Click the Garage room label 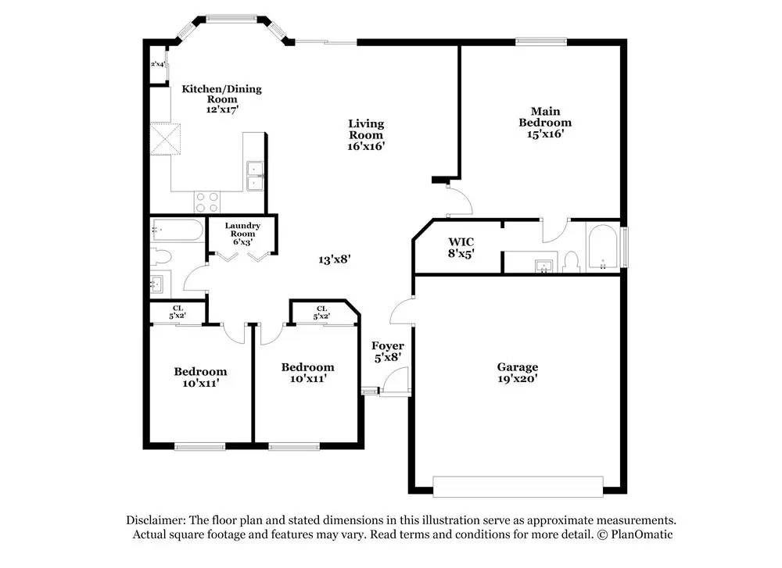click(x=517, y=367)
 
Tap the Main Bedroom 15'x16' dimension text click(x=545, y=134)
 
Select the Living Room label click(x=366, y=129)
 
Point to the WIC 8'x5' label click(x=461, y=248)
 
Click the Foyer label click(x=388, y=346)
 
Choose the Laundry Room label click(x=242, y=230)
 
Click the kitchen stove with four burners click(x=207, y=202)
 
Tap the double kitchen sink click(x=256, y=177)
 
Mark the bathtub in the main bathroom click(x=604, y=248)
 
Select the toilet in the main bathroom click(x=571, y=262)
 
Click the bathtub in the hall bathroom click(x=178, y=230)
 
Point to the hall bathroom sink click(x=158, y=285)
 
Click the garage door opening click(x=518, y=487)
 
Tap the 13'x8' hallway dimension click(x=335, y=259)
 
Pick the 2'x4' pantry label click(x=158, y=64)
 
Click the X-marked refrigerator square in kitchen click(x=166, y=138)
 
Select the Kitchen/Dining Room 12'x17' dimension click(x=222, y=109)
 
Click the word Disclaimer click(x=156, y=520)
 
